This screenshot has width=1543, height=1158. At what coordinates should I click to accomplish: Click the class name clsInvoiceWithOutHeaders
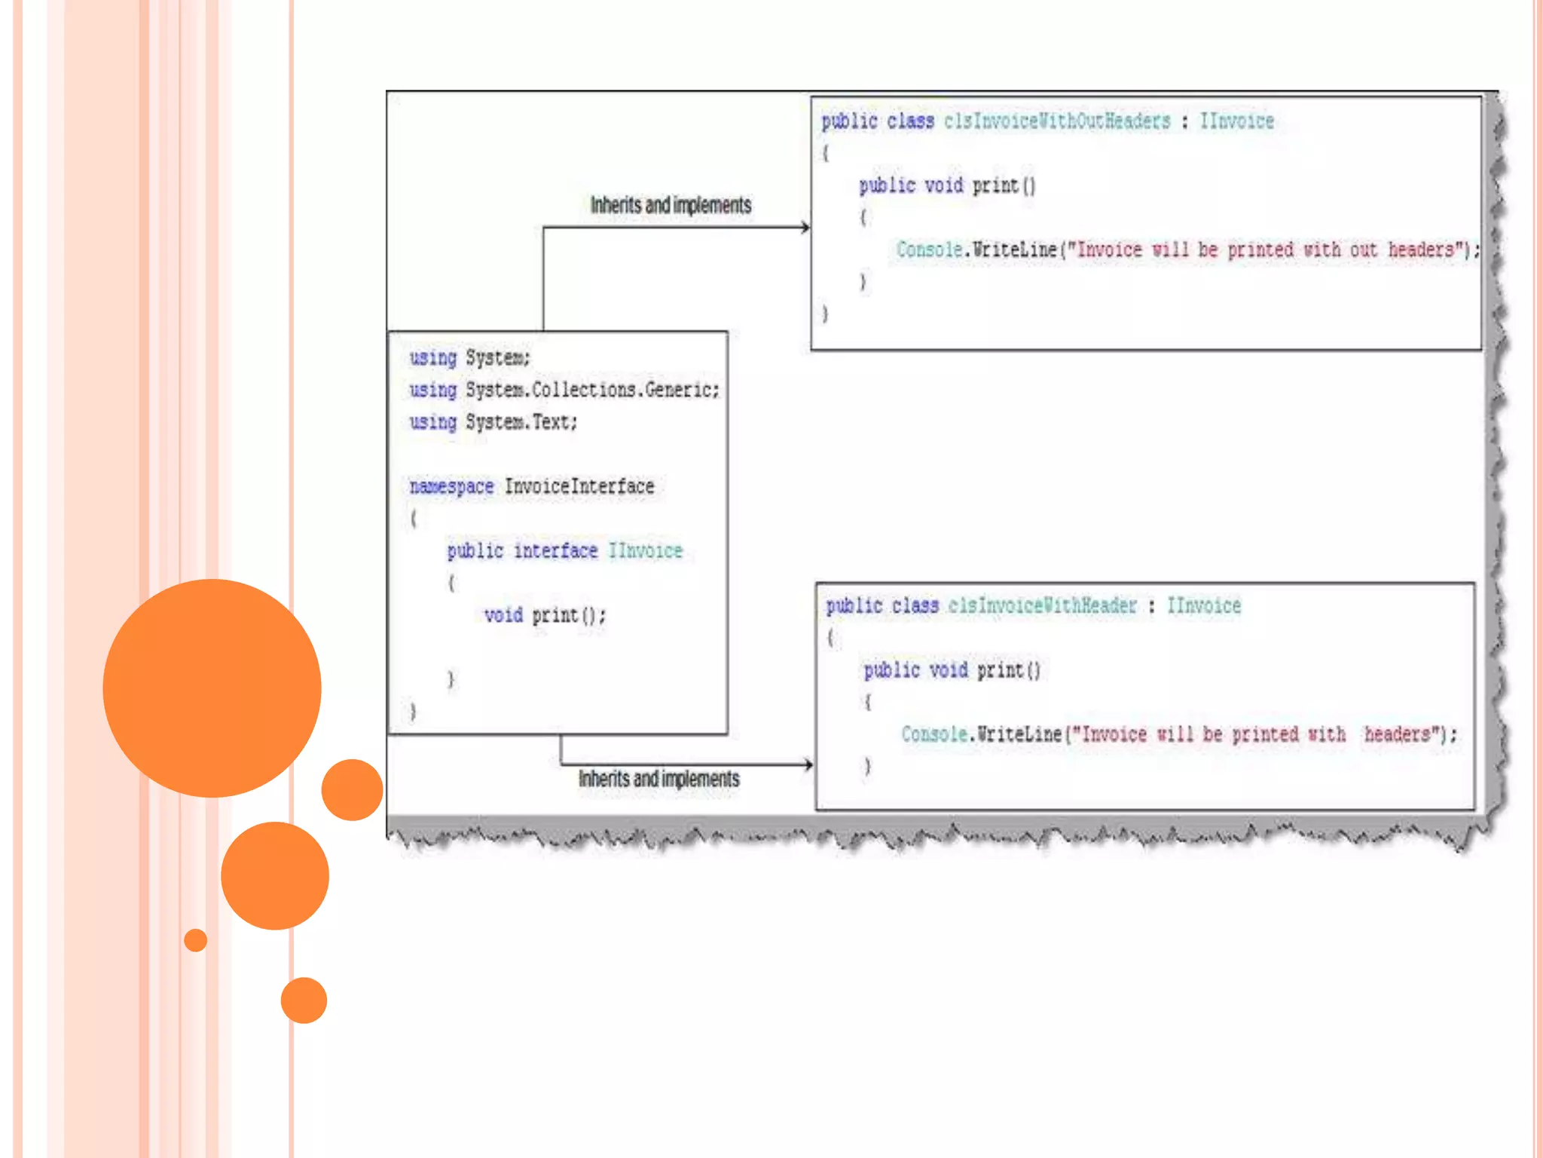click(x=1056, y=121)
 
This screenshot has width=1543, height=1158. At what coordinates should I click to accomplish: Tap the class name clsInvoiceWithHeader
click(x=1041, y=606)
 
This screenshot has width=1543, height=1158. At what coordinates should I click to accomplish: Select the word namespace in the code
click(x=451, y=487)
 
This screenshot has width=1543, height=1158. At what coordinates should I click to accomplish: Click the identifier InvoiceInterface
click(x=579, y=487)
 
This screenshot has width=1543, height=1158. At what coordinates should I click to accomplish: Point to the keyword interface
click(x=555, y=551)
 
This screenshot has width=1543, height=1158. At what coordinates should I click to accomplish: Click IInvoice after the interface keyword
click(x=645, y=551)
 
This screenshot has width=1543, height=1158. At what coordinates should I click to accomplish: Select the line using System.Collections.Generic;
click(x=564, y=390)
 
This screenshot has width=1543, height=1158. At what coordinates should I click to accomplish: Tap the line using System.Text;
click(x=493, y=422)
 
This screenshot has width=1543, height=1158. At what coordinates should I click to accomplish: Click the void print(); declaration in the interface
click(x=544, y=616)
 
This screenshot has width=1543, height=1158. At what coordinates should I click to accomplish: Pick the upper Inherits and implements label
click(x=671, y=205)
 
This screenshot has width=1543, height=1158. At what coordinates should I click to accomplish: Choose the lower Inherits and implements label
click(x=658, y=779)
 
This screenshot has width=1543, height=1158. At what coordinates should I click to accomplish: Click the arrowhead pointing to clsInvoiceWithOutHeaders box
click(x=805, y=227)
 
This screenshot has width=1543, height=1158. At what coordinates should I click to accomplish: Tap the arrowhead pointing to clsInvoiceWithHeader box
click(x=808, y=764)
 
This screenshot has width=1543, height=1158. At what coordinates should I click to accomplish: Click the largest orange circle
click(x=212, y=688)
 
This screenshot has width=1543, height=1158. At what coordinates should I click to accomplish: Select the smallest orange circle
click(x=195, y=940)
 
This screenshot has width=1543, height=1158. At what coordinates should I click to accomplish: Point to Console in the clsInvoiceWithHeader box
click(x=933, y=735)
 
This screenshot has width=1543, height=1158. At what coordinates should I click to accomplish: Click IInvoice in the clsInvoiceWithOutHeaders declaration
click(x=1236, y=121)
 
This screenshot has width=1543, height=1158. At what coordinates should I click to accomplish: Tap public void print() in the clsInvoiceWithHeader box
click(x=952, y=670)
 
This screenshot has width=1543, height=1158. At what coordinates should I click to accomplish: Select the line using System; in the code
click(x=469, y=357)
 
